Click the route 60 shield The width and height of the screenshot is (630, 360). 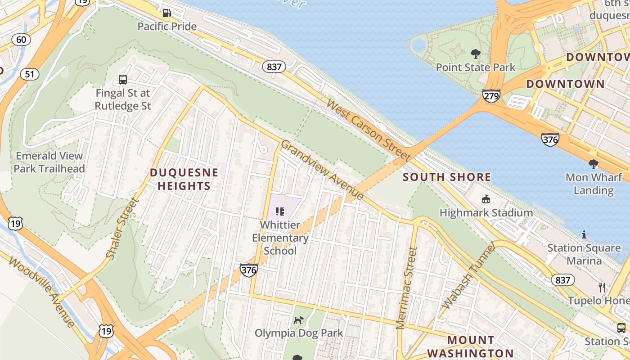(x=21, y=40)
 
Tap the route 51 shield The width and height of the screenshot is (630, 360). (x=29, y=74)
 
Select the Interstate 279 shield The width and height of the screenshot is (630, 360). (x=491, y=96)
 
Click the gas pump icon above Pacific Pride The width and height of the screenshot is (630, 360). (x=167, y=13)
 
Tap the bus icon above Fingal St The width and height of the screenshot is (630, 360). (x=123, y=80)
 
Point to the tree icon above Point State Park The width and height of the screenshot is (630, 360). (x=475, y=54)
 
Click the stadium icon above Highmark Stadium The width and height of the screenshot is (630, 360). (x=486, y=199)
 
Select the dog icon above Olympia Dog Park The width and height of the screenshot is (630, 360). (x=299, y=320)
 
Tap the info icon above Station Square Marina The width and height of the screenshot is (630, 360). (x=584, y=234)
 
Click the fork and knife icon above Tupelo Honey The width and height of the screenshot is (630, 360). (x=602, y=287)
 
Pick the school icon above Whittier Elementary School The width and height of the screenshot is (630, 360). (x=280, y=211)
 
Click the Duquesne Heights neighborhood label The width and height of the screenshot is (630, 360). (x=184, y=179)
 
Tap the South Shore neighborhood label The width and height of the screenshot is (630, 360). (x=447, y=177)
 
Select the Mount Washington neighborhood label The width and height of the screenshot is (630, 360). (x=470, y=346)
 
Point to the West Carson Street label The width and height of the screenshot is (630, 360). (x=368, y=131)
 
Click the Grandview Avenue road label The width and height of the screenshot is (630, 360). (x=322, y=170)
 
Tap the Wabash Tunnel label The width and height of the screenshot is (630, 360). (x=468, y=275)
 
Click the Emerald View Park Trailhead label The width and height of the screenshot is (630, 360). (x=49, y=162)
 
